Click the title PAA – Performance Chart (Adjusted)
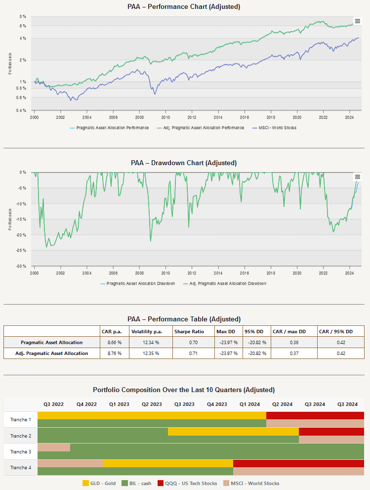tap(184, 6)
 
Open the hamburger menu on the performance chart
tap(358, 21)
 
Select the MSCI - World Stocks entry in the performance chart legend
tap(274, 128)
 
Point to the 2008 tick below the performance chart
tap(139, 117)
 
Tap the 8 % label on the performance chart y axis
tap(23, 16)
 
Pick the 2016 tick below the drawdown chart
tap(245, 273)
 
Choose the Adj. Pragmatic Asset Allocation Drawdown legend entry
tap(225, 283)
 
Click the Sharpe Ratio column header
tap(189, 332)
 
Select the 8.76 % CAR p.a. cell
tap(114, 354)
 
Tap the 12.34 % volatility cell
tap(151, 343)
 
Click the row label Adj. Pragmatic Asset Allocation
tap(51, 354)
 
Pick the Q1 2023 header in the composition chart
tap(119, 404)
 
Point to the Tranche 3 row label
tap(21, 452)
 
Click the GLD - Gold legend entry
tap(99, 484)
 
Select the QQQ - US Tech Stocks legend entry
tap(187, 484)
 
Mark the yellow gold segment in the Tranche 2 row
tap(233, 432)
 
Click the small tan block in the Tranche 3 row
tap(54, 447)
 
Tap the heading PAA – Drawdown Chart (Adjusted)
tap(184, 163)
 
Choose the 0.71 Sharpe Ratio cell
tap(193, 354)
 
